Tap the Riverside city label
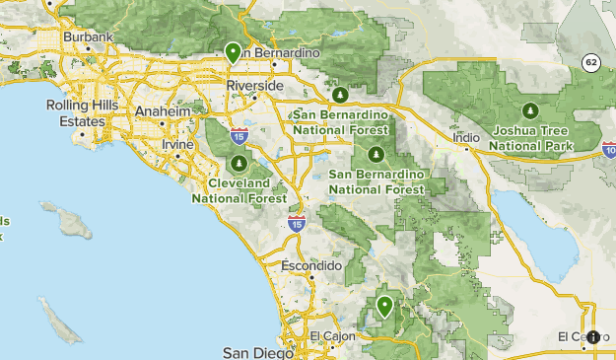click(254, 86)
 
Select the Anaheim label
click(161, 111)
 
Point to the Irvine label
click(177, 144)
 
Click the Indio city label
click(466, 137)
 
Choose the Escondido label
click(310, 266)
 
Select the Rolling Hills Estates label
click(75, 113)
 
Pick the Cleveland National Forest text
click(240, 190)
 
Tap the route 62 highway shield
click(590, 61)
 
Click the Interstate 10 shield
click(609, 149)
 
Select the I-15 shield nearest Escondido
click(297, 224)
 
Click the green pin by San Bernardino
click(234, 53)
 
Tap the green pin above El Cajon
click(384, 307)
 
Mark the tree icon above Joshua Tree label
click(531, 109)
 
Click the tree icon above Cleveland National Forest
click(240, 163)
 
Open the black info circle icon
click(593, 337)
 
